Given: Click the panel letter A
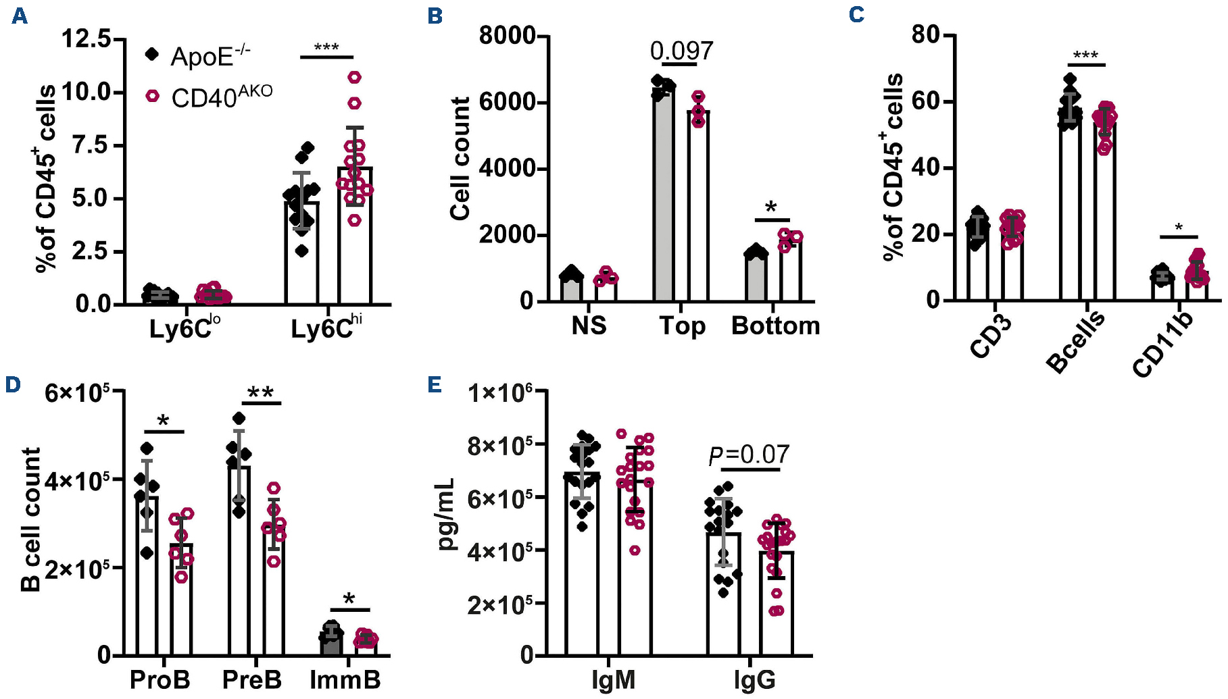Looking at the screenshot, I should coord(20,16).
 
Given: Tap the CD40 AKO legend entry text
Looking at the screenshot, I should coord(221,97).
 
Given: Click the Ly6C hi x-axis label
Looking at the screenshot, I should coord(326,328).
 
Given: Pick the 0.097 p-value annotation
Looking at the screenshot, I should coord(681,51).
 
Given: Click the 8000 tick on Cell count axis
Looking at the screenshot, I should coord(507,35).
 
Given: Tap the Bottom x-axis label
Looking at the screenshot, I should coord(775,326).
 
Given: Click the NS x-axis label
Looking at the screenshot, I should coord(589,326).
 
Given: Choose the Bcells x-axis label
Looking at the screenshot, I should coord(1075,340).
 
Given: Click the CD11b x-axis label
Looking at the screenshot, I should coord(1163,345).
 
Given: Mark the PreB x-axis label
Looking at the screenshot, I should coord(252,679).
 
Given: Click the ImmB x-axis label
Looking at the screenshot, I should coord(345,679).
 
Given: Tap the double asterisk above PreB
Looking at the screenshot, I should coord(261,393).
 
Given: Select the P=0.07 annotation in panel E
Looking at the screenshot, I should coord(749,455).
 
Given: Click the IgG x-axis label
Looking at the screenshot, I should coord(754,679).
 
